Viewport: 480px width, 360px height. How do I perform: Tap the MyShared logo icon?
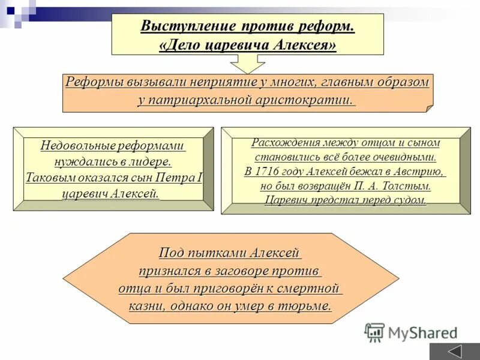[375, 332]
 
